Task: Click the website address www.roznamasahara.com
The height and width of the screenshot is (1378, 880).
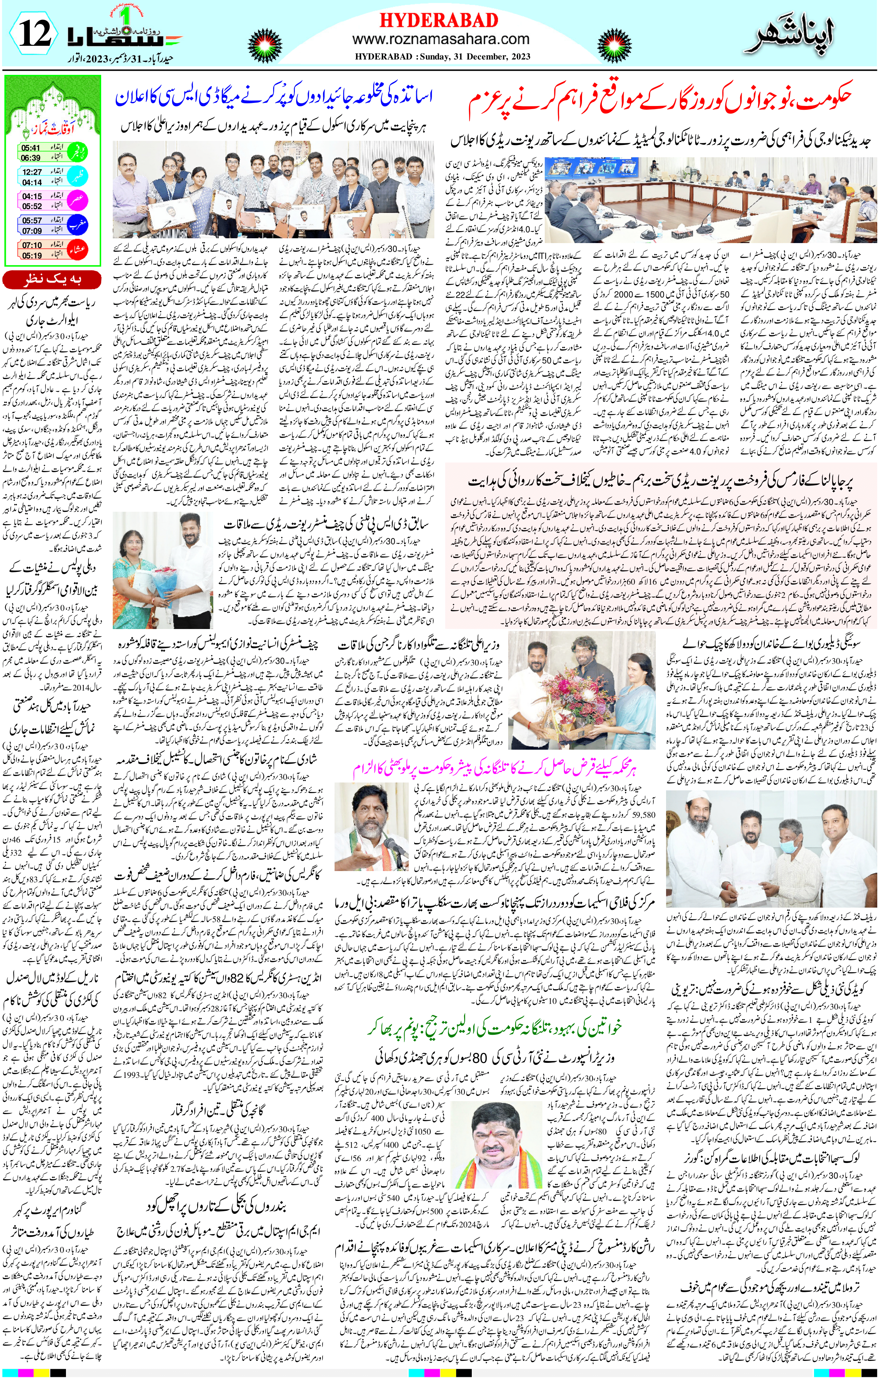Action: (441, 39)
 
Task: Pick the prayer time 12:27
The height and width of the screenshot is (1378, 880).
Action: (32, 172)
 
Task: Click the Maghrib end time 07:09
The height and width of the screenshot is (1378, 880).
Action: (32, 231)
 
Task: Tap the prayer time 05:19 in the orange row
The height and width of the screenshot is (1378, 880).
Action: (32, 255)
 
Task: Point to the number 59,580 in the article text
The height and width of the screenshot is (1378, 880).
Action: (644, 815)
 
